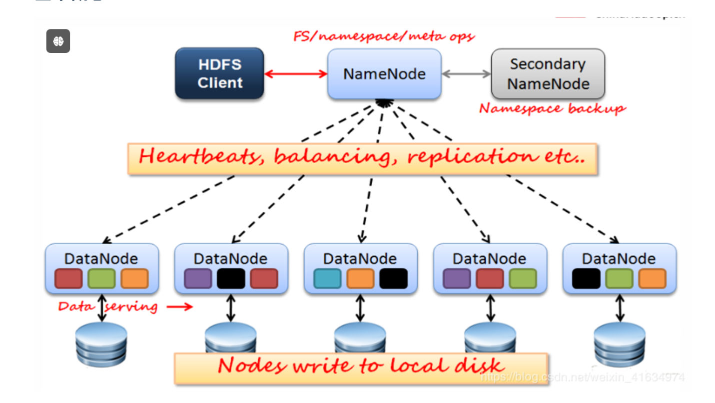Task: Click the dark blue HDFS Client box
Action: pyautogui.click(x=219, y=73)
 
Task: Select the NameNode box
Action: pyautogui.click(x=384, y=74)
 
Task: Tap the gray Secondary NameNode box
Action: pyautogui.click(x=548, y=74)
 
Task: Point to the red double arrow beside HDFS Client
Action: pyautogui.click(x=295, y=74)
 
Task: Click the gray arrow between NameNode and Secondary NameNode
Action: pyautogui.click(x=466, y=74)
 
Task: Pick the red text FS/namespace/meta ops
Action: pyautogui.click(x=384, y=36)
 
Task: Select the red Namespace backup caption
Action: pyautogui.click(x=552, y=108)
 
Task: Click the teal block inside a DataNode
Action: pyautogui.click(x=327, y=279)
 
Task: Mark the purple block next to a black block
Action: pyautogui.click(x=198, y=279)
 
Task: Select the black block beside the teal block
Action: pyautogui.click(x=393, y=279)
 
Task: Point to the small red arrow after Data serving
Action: pyautogui.click(x=179, y=307)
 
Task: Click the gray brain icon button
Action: pyautogui.click(x=58, y=41)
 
